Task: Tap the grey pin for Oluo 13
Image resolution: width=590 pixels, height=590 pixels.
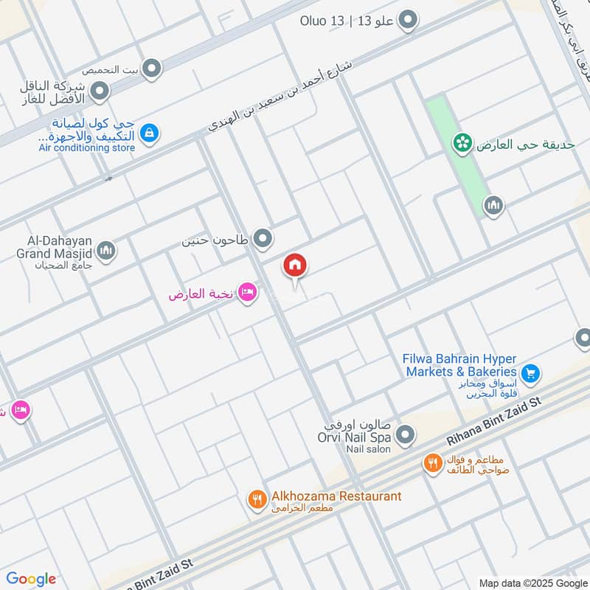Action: [407, 21]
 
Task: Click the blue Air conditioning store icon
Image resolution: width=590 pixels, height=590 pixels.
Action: [150, 133]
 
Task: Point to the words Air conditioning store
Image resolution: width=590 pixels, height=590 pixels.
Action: [87, 148]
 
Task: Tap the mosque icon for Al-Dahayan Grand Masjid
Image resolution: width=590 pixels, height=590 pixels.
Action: [107, 251]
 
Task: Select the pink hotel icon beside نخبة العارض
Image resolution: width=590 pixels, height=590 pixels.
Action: [248, 294]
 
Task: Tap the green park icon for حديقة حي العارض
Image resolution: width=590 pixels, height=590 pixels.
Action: [462, 143]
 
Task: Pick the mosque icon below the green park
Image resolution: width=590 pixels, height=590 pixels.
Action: [493, 205]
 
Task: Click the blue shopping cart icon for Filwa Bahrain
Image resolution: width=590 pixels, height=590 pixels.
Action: [529, 373]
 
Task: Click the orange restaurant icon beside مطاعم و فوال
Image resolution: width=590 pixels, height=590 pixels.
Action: [432, 463]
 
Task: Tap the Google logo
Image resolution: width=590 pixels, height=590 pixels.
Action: [31, 578]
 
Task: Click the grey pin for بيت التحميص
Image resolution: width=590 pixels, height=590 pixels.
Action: [152, 69]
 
